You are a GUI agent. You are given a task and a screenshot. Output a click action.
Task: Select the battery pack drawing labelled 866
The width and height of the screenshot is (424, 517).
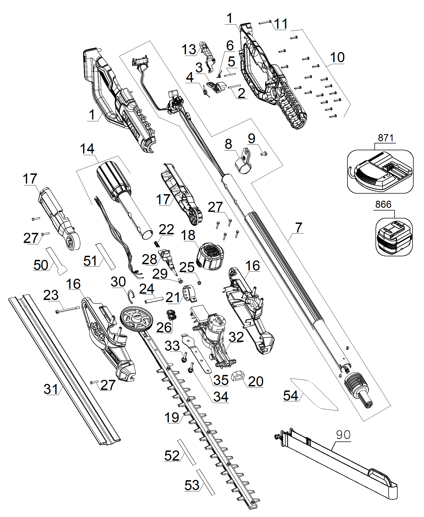(394, 237)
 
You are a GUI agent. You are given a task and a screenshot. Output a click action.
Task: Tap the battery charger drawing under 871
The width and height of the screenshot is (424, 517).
(380, 172)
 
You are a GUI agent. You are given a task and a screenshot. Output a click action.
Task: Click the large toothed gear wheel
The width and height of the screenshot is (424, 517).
(137, 319)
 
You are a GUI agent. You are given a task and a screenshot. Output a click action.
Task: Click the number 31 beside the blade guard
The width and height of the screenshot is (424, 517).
(51, 389)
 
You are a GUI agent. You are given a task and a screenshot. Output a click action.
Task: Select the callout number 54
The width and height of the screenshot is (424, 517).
(291, 396)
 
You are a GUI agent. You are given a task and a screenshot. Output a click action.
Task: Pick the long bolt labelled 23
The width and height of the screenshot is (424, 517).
(67, 310)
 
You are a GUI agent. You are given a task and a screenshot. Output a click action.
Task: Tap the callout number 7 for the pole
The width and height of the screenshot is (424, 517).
(299, 227)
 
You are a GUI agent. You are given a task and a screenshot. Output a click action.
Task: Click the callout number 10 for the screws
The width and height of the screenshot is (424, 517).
(337, 57)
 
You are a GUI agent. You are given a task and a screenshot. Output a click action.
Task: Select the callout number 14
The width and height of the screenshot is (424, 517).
(87, 149)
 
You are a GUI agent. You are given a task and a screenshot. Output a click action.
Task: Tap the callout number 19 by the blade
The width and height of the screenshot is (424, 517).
(172, 417)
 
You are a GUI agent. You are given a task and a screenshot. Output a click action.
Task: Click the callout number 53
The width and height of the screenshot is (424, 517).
(192, 485)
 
